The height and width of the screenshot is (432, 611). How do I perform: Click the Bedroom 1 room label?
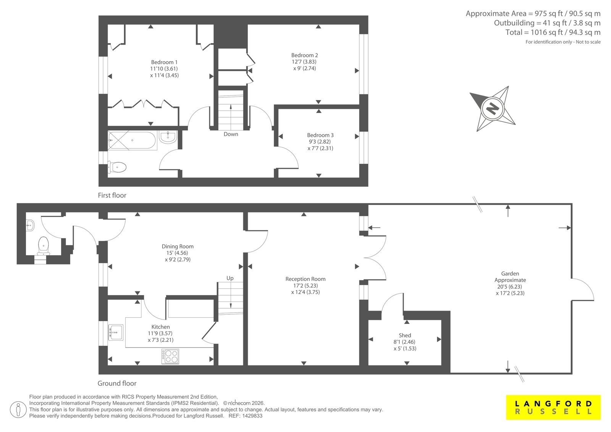[x=164, y=62]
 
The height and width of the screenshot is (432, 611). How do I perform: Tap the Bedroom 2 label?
[x=304, y=55]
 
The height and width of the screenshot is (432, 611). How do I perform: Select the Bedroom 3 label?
[x=320, y=135]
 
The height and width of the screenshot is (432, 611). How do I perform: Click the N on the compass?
[x=492, y=109]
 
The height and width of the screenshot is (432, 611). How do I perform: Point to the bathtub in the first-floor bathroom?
[x=132, y=140]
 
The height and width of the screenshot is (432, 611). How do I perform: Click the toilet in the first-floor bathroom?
[x=117, y=167]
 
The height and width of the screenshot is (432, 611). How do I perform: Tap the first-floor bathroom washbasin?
[x=168, y=136]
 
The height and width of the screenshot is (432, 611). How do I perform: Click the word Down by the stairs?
[x=231, y=134]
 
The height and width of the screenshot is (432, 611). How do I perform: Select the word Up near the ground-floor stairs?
[x=230, y=278]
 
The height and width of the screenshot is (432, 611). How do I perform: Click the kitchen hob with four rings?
[x=170, y=356]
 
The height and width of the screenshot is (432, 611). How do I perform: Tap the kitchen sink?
[x=116, y=332]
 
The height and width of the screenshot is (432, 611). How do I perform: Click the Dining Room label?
[x=178, y=246]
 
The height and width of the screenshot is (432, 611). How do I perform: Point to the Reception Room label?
[x=305, y=279]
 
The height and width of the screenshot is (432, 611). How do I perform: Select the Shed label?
[x=405, y=335]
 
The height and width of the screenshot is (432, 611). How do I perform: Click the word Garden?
[x=510, y=273]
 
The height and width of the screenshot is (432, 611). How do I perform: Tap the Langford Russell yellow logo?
[x=553, y=408]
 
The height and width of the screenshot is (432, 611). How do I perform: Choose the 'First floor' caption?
[x=112, y=196]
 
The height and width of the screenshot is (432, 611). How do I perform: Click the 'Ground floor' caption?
[x=117, y=383]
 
